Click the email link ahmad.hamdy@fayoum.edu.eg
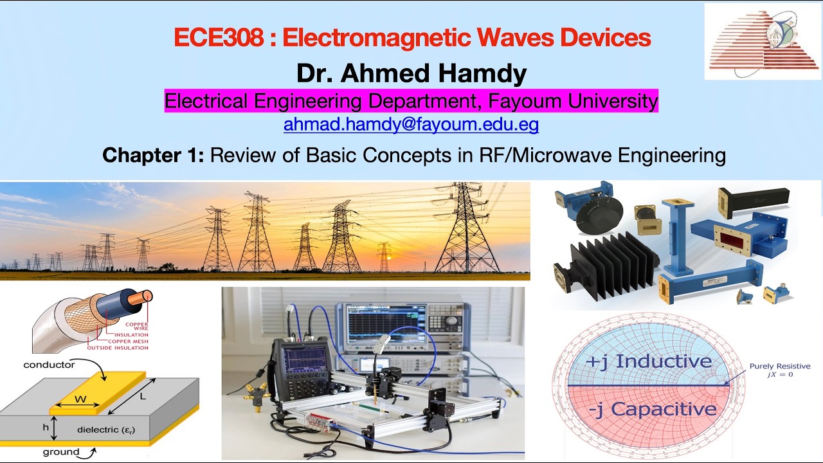[x=411, y=124]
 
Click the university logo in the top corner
[x=762, y=41]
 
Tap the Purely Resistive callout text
[x=779, y=367]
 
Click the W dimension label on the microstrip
[x=80, y=399]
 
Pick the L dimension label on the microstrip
[x=143, y=396]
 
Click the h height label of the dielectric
[x=45, y=426]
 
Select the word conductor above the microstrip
[x=49, y=365]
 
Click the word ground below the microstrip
[x=61, y=452]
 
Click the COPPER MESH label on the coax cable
[x=127, y=341]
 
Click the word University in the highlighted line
[x=604, y=101]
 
